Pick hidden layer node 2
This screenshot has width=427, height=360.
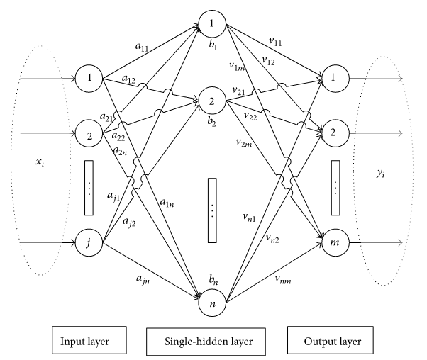coord(212,102)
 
